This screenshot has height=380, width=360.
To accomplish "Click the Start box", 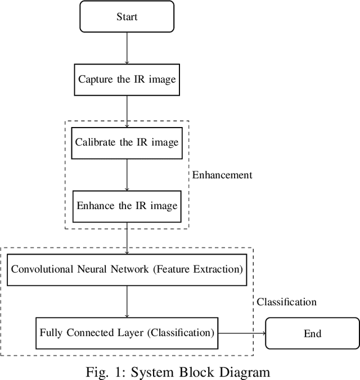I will tap(127, 17).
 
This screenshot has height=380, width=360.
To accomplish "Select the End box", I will tap(312, 333).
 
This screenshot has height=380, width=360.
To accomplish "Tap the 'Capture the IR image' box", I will tap(127, 79).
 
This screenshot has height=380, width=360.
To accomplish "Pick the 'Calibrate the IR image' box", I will tap(127, 142).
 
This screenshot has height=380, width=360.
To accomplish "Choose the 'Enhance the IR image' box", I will tap(127, 205).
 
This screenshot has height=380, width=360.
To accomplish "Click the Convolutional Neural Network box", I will tap(127, 269).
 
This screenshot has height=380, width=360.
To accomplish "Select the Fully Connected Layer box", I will tap(127, 333).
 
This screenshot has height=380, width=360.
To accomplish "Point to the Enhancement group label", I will tap(222, 175).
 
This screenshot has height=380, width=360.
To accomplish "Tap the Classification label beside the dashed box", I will tap(286, 302).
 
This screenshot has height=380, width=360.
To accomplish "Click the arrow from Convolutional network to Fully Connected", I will tap(127, 301).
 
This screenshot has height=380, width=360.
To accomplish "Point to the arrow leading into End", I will tap(242, 333).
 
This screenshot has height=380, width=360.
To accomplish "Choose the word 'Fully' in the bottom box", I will tap(50, 333).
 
